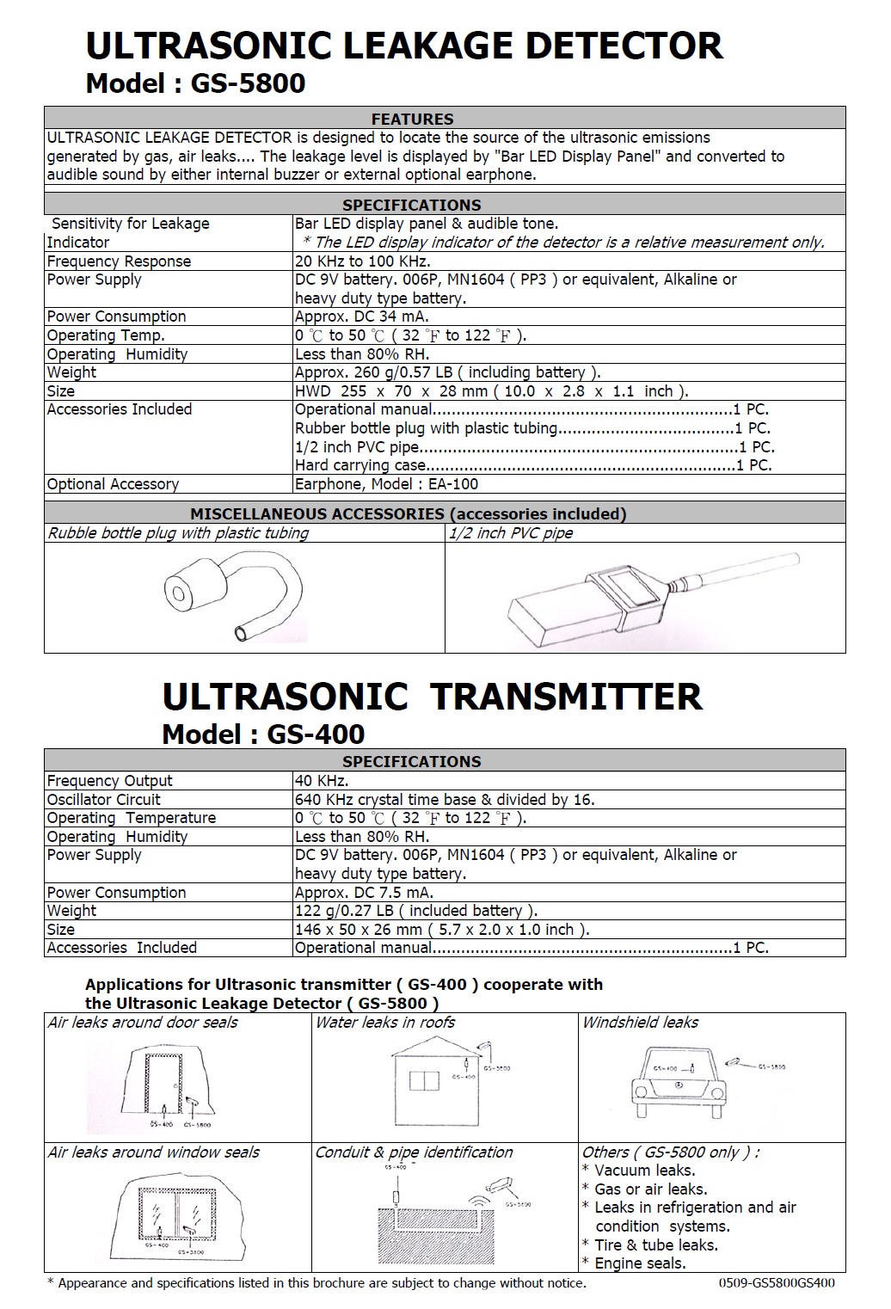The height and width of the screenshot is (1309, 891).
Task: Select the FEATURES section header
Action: [x=412, y=119]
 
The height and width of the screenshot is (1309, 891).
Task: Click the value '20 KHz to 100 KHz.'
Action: [x=362, y=261]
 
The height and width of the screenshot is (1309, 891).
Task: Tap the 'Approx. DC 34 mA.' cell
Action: [x=361, y=316]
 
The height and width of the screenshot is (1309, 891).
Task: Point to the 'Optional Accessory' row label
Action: [x=113, y=484]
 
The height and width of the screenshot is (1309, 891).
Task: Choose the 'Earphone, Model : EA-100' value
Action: [x=386, y=484]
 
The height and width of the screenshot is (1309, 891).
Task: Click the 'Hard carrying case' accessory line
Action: [x=361, y=465]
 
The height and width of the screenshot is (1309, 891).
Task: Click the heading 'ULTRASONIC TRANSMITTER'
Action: [x=432, y=697]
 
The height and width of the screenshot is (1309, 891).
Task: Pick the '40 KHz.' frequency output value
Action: [x=322, y=781]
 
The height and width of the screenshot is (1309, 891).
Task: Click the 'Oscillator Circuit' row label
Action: [x=103, y=800]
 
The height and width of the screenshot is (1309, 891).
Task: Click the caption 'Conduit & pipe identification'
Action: [x=414, y=1152]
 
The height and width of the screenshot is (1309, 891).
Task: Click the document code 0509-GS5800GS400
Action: [x=777, y=1283]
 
